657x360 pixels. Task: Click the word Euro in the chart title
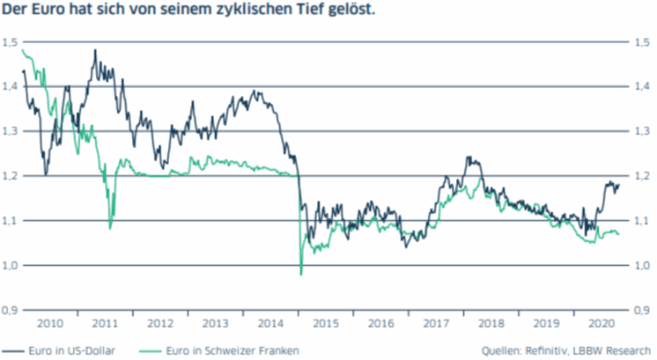pyautogui.click(x=45, y=12)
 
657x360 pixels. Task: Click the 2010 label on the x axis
pyautogui.click(x=50, y=321)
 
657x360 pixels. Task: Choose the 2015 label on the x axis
pyautogui.click(x=326, y=321)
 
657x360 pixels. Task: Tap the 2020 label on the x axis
pyautogui.click(x=602, y=321)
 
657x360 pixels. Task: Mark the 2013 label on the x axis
pyautogui.click(x=216, y=321)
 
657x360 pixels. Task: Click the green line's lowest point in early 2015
pyautogui.click(x=301, y=276)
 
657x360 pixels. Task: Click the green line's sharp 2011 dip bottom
pyautogui.click(x=110, y=228)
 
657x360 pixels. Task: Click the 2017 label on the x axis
pyautogui.click(x=436, y=321)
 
